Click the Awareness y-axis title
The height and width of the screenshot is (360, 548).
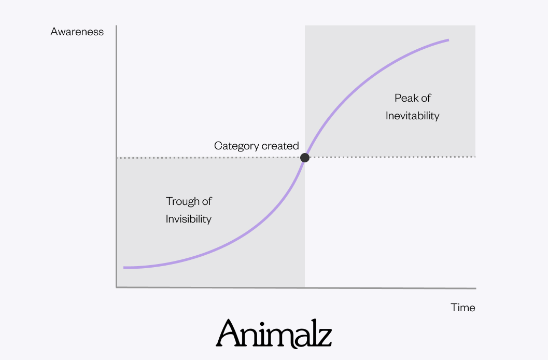click(x=77, y=32)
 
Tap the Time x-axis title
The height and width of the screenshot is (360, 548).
click(x=462, y=308)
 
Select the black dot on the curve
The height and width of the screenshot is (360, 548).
click(x=305, y=157)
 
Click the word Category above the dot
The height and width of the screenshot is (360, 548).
click(x=236, y=146)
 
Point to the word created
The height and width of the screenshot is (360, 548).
click(x=280, y=146)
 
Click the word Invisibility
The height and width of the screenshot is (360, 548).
click(x=189, y=219)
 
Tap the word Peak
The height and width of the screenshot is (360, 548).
click(x=406, y=98)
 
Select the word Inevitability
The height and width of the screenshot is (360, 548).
click(x=412, y=116)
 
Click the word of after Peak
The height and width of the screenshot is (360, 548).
click(x=426, y=98)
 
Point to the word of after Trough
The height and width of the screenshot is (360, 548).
click(x=206, y=201)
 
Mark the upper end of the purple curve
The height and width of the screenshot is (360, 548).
click(x=448, y=40)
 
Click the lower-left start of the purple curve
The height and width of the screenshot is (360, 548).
click(x=124, y=268)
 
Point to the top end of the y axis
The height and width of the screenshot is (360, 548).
click(x=117, y=26)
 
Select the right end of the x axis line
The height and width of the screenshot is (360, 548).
click(x=475, y=288)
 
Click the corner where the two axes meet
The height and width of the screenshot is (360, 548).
click(x=117, y=287)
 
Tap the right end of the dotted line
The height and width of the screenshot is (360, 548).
click(x=475, y=157)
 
